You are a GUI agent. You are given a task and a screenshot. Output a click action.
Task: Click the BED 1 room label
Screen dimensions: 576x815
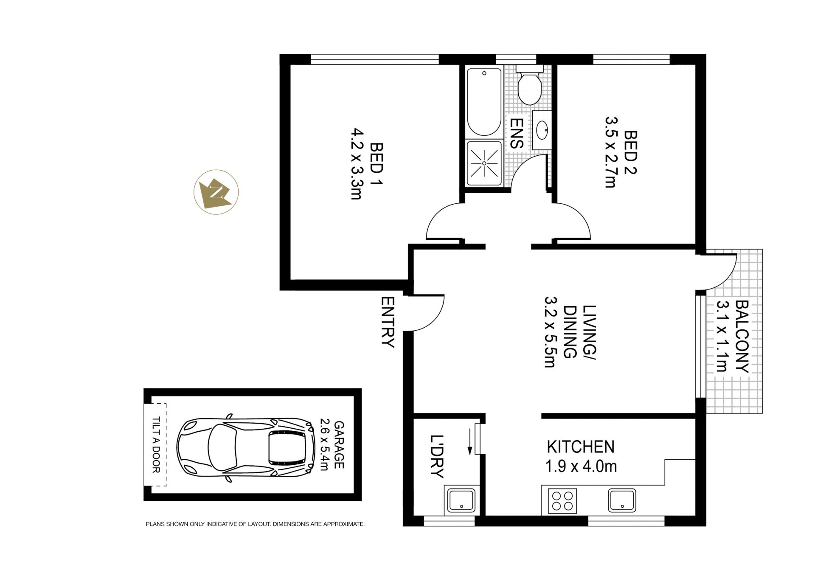click(x=376, y=164)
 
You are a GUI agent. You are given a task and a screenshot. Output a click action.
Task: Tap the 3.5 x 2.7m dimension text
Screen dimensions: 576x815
click(x=610, y=152)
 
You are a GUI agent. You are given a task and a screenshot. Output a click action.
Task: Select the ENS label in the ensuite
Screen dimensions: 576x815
click(x=516, y=133)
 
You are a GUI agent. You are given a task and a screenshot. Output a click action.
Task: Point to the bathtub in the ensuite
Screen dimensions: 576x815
click(x=484, y=102)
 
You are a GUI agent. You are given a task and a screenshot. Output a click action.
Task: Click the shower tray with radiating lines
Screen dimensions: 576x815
click(x=484, y=163)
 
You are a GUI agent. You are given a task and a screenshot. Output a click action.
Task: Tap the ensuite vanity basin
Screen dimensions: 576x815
click(x=542, y=130)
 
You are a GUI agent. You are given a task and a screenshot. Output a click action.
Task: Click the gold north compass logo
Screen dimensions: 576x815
click(x=216, y=192)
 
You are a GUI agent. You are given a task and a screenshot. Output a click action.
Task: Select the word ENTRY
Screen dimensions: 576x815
click(x=388, y=322)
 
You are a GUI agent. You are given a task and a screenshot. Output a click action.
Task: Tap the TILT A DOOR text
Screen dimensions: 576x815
click(x=156, y=445)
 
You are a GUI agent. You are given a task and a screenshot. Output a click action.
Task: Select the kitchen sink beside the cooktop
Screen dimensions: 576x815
click(x=622, y=500)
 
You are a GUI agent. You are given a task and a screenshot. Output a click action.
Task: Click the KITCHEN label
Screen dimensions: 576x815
click(x=580, y=447)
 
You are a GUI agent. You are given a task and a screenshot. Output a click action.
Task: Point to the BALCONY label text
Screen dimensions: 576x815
click(x=742, y=337)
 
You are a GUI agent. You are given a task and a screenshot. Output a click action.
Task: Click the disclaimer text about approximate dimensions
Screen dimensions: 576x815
click(x=255, y=524)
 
